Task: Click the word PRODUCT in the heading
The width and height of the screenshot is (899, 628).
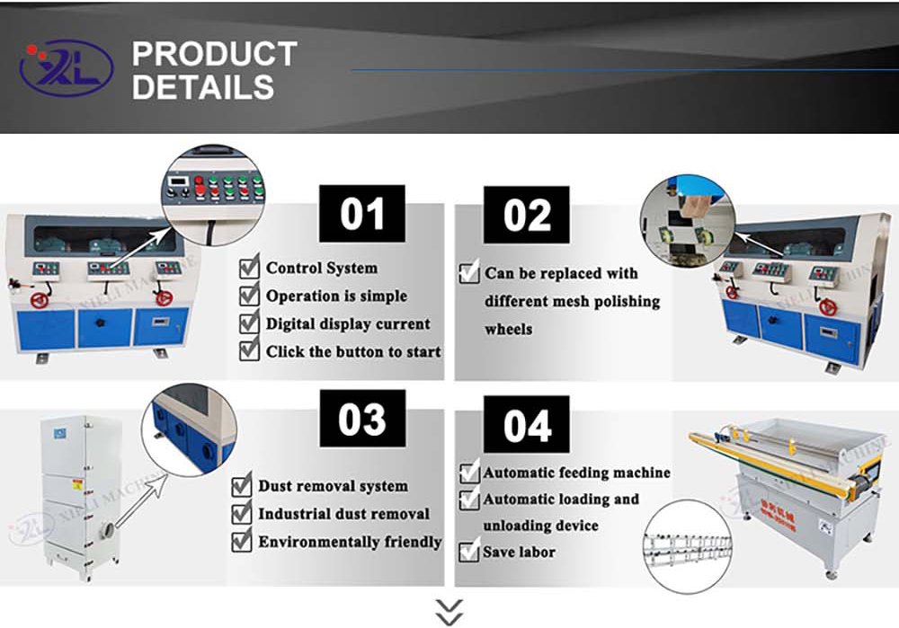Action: click(214, 54)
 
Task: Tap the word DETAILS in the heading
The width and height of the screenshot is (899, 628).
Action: click(203, 87)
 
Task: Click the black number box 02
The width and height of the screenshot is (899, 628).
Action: click(526, 215)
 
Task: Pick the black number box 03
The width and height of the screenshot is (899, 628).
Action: click(362, 420)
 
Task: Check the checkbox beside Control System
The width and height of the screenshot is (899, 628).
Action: click(249, 268)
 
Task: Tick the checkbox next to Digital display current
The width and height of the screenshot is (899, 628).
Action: click(249, 323)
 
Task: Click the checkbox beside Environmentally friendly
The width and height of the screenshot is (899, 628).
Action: click(241, 542)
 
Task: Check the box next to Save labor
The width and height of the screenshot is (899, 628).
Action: click(468, 552)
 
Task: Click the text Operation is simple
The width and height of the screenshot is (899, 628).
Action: click(336, 296)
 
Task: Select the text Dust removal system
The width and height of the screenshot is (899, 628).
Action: click(333, 486)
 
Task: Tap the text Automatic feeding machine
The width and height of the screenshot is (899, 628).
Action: click(576, 473)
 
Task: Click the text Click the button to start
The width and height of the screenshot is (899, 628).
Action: click(353, 351)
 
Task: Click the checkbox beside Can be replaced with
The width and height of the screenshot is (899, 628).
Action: click(468, 273)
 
